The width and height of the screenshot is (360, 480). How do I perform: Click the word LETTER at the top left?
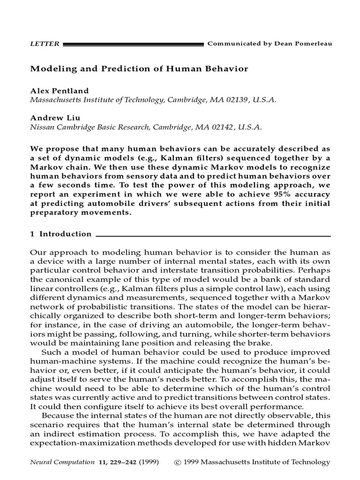pos(45,44)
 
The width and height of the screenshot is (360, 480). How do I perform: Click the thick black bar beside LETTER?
pos(133,44)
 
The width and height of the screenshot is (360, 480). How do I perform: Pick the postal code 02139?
pos(240,99)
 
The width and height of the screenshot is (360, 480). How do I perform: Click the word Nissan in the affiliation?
pos(42,127)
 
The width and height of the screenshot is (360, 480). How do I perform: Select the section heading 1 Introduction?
pos(61,234)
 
